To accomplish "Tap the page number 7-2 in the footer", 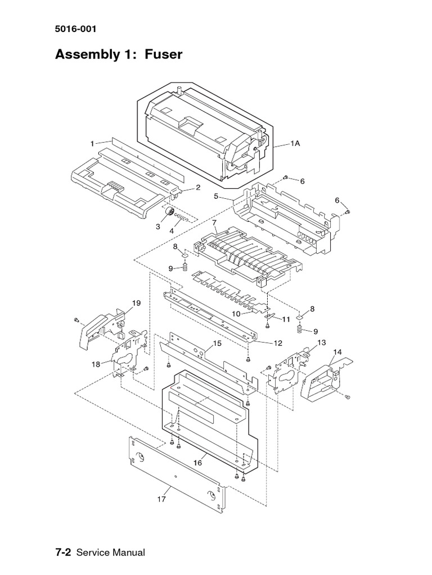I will coord(62,553).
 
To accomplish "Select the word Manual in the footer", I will coord(128,553).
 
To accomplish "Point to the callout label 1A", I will coord(295,144).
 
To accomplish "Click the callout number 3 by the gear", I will coord(158,226).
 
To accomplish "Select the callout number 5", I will coord(215,197).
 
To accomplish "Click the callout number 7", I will coord(214,222).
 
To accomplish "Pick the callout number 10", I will coord(236,313).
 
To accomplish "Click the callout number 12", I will coord(278,343).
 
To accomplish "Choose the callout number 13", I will coord(321,342).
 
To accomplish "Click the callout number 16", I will coord(197,463).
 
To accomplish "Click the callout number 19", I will coord(136,303).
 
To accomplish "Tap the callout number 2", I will coord(198,188).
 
